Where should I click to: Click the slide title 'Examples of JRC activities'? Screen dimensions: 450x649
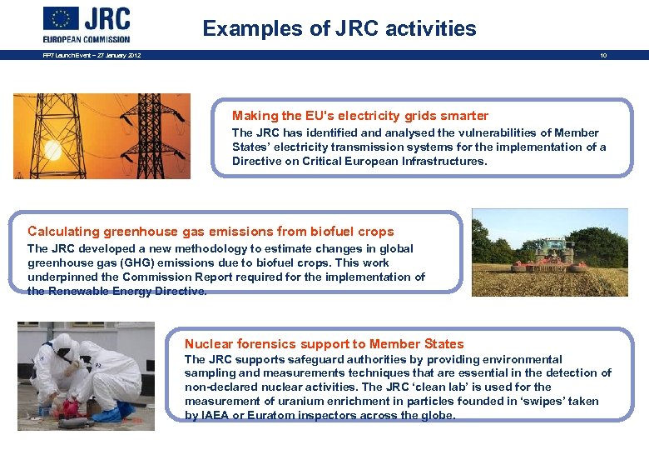pos(339,28)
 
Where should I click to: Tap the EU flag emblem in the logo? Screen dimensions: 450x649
pos(61,18)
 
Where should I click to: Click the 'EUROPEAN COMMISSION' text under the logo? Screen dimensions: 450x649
pos(87,38)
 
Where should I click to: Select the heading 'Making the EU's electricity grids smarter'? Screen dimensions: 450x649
pos(359,116)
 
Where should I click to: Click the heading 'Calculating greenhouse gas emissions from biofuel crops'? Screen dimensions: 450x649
pos(211,232)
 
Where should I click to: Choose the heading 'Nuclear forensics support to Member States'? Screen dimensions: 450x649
pos(324,344)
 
